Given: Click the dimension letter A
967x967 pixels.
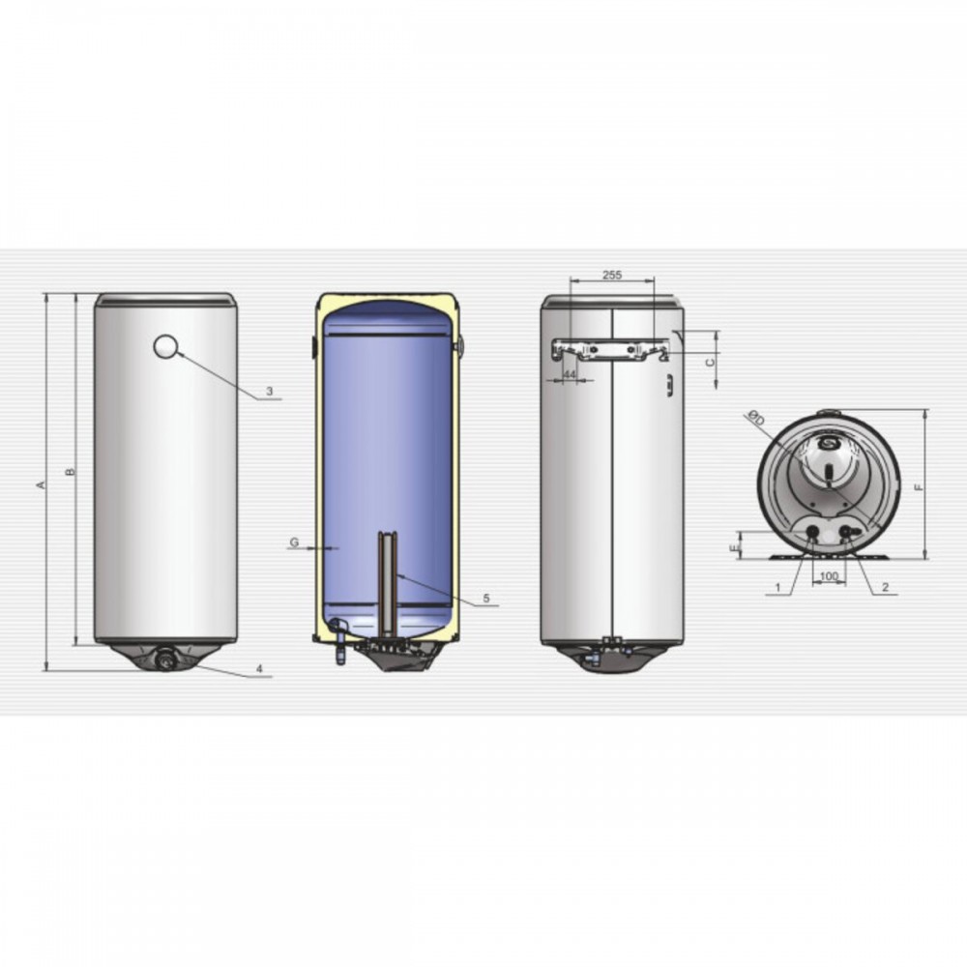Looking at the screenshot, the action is point(42,484).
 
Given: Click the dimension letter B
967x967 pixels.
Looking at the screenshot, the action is point(71,472).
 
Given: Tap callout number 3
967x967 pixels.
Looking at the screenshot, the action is point(270,391).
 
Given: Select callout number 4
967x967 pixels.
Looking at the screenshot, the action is point(259,668).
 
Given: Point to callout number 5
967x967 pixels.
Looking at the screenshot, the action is point(486,598).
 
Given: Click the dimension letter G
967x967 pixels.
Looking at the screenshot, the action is point(294,542).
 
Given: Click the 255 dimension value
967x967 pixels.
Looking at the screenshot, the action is point(612,275).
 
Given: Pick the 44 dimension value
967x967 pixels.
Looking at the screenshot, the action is point(570,374).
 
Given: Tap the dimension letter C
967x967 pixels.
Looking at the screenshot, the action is point(711,362).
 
